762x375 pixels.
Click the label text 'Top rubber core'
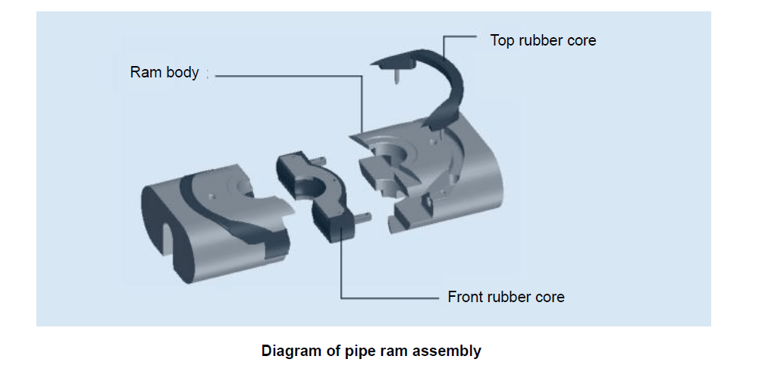click(x=543, y=40)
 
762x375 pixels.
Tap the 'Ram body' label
click(x=165, y=73)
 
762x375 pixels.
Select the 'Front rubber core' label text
click(x=506, y=297)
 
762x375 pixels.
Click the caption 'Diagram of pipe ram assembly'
click(x=371, y=351)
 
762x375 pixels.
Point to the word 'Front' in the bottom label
click(x=465, y=297)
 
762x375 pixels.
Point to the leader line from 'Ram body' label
click(x=288, y=75)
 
